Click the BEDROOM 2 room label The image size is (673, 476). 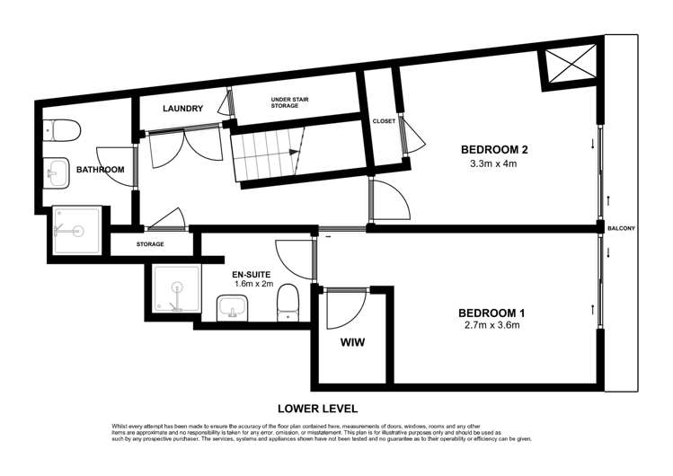[x=494, y=150]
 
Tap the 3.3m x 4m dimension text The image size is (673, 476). [x=493, y=163]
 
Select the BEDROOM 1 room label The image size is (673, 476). [x=491, y=313]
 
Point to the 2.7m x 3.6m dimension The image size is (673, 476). [x=492, y=325]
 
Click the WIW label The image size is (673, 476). [x=352, y=342]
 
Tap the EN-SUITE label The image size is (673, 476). [x=251, y=275]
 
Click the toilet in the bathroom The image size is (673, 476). [x=62, y=129]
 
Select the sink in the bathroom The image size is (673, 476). [x=57, y=173]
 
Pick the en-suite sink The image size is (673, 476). [x=233, y=308]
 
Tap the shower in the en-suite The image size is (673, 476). [x=177, y=288]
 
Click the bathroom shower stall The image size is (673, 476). [x=77, y=231]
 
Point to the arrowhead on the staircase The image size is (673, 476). [x=294, y=152]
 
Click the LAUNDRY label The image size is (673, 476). [x=182, y=109]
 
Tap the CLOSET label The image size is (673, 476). [x=384, y=121]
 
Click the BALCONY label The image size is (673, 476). [x=621, y=228]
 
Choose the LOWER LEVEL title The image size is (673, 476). [x=317, y=409]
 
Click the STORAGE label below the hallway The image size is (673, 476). [x=150, y=244]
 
